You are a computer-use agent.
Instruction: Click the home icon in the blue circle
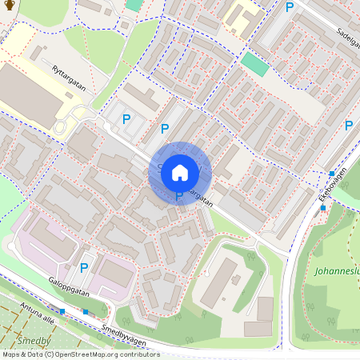180,172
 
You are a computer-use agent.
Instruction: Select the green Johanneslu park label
337,270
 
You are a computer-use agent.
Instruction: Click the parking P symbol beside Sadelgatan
290,7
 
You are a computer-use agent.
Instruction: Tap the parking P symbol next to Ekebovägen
348,125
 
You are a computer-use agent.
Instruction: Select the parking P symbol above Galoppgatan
83,268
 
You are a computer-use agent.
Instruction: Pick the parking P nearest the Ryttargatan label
126,119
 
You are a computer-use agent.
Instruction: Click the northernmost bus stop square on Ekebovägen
331,173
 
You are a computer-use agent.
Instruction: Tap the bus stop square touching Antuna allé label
62,310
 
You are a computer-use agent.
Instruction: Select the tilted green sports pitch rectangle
255,64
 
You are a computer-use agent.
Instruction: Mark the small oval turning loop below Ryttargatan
67,121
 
